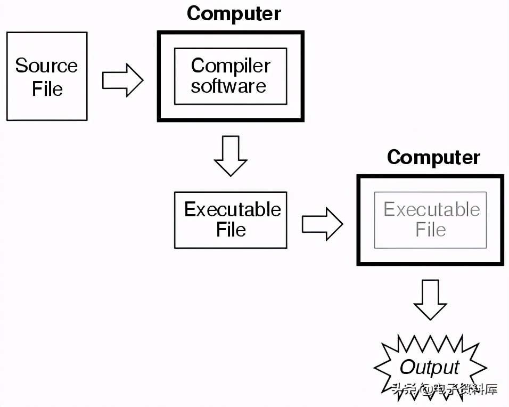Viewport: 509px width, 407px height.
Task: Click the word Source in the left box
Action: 46,66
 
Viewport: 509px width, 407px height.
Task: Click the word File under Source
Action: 47,88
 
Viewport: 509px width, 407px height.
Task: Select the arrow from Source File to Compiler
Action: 122,81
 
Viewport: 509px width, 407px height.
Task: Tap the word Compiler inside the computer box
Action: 231,66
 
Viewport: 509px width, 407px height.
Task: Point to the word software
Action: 228,86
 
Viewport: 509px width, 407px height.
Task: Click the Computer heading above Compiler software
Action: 234,13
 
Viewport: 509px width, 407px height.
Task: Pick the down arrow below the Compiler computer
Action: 230,156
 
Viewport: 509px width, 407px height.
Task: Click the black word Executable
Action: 232,209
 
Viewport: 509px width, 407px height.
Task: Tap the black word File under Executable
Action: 231,230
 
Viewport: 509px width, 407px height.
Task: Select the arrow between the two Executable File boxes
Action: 322,224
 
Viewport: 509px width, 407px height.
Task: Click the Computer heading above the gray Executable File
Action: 433,157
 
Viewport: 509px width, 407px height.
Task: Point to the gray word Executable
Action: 431,209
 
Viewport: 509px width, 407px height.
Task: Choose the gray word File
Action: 431,230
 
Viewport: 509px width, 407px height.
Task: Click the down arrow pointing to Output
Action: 430,299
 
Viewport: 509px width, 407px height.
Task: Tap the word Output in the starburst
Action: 429,367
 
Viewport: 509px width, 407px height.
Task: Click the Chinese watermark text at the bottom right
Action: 445,389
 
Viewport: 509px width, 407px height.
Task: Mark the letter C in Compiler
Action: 198,66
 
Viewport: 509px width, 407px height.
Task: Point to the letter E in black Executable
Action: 190,209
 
